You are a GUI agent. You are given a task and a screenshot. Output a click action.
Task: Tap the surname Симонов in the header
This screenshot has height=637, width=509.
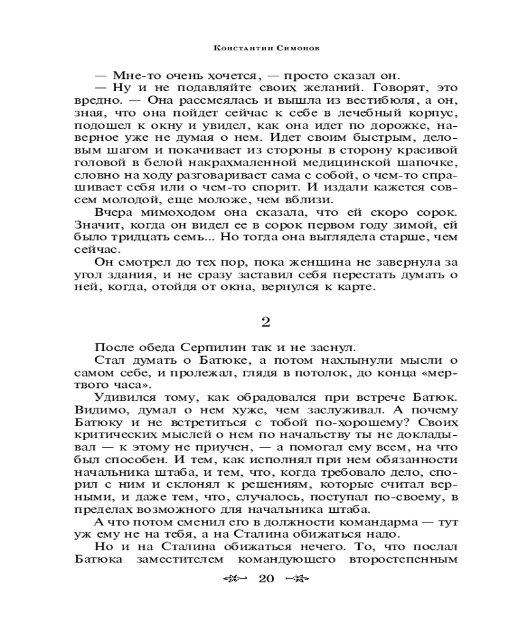283,48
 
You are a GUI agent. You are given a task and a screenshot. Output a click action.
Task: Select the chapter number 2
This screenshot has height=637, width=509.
267,322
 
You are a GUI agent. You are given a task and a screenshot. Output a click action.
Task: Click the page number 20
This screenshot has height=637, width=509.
267,579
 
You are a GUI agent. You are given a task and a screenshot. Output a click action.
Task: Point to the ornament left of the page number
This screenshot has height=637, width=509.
236,579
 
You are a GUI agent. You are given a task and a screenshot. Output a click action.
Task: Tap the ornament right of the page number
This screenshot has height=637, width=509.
297,579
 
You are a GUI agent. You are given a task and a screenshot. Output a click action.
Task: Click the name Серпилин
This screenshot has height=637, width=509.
204,347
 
